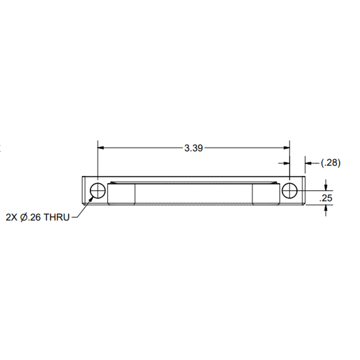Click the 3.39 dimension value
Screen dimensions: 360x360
click(x=194, y=148)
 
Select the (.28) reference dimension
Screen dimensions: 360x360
click(x=331, y=163)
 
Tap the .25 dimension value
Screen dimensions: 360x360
click(x=326, y=198)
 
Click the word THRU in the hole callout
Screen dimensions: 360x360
click(x=56, y=217)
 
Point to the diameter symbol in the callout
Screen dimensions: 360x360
click(x=24, y=217)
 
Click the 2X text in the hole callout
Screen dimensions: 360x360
click(x=11, y=217)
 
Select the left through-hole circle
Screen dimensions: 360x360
click(x=98, y=191)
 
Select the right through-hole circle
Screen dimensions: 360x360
click(x=290, y=191)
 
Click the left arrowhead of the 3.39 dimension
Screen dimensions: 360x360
click(x=101, y=148)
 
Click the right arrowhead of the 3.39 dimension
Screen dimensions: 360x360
click(x=287, y=148)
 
